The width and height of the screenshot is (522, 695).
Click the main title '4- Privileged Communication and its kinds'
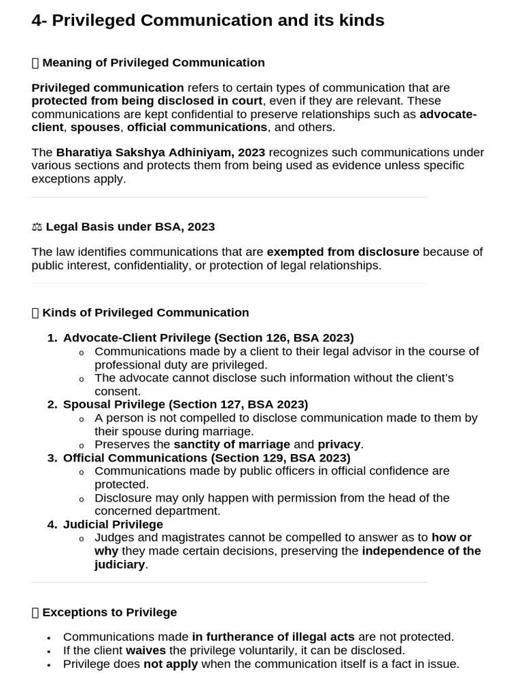tap(208, 20)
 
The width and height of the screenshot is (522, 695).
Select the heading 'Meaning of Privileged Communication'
tap(153, 62)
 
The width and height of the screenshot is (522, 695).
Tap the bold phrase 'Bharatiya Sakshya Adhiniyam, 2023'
tap(160, 152)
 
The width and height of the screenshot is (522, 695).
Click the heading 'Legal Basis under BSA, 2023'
tap(130, 226)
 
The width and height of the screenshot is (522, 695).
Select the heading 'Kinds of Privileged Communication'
tap(145, 312)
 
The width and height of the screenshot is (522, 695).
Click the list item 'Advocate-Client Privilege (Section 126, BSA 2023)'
tap(208, 337)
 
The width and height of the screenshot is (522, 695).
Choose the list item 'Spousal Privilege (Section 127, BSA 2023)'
tap(186, 404)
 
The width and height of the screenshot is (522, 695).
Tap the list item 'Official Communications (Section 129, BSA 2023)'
tap(207, 457)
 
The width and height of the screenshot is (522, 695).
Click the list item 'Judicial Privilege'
tap(113, 524)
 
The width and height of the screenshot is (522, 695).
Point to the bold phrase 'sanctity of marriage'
tap(232, 445)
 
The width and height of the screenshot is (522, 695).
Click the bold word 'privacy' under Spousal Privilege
tap(338, 445)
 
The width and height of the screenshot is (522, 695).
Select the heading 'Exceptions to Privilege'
tap(109, 612)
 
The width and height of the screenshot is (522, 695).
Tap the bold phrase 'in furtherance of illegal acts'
tap(273, 637)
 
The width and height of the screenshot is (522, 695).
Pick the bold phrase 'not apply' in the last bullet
tap(171, 664)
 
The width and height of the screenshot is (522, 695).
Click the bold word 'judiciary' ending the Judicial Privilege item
tap(120, 564)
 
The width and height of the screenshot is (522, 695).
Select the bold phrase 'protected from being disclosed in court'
tap(147, 100)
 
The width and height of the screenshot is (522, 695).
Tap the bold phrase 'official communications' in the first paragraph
tap(197, 127)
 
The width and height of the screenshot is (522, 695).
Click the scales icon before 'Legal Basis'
tap(37, 227)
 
